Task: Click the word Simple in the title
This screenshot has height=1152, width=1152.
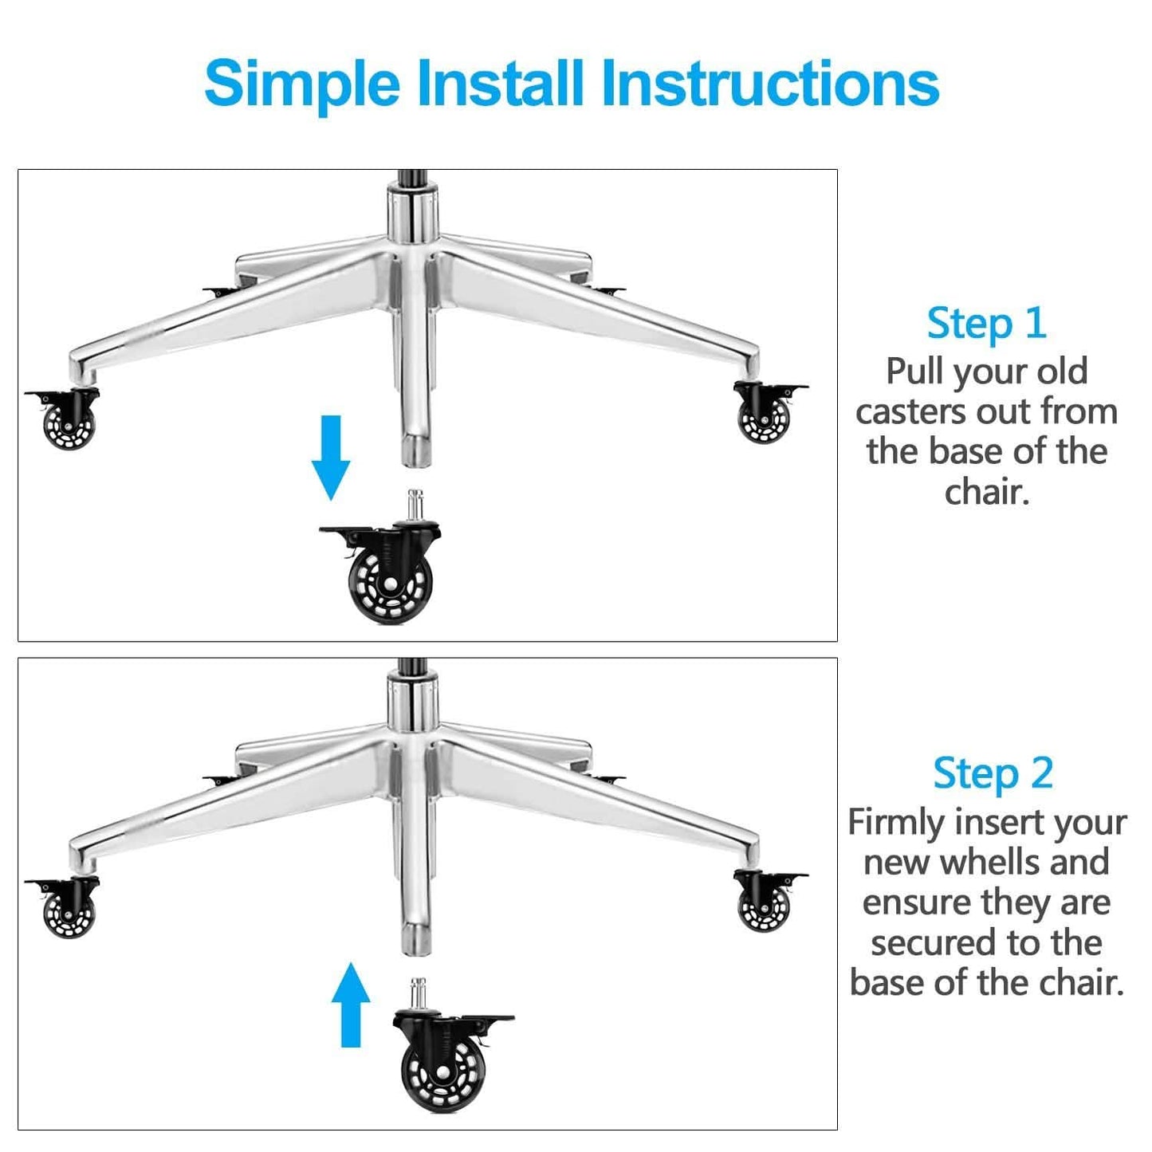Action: [302, 84]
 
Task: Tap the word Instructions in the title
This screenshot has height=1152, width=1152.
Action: [770, 82]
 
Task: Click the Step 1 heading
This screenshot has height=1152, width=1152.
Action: [986, 323]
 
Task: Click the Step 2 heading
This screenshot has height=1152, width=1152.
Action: [993, 773]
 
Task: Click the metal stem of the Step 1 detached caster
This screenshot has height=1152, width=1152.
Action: [415, 505]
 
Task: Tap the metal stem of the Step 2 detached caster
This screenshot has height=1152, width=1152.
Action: [418, 994]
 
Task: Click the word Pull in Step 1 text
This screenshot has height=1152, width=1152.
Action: [914, 372]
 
